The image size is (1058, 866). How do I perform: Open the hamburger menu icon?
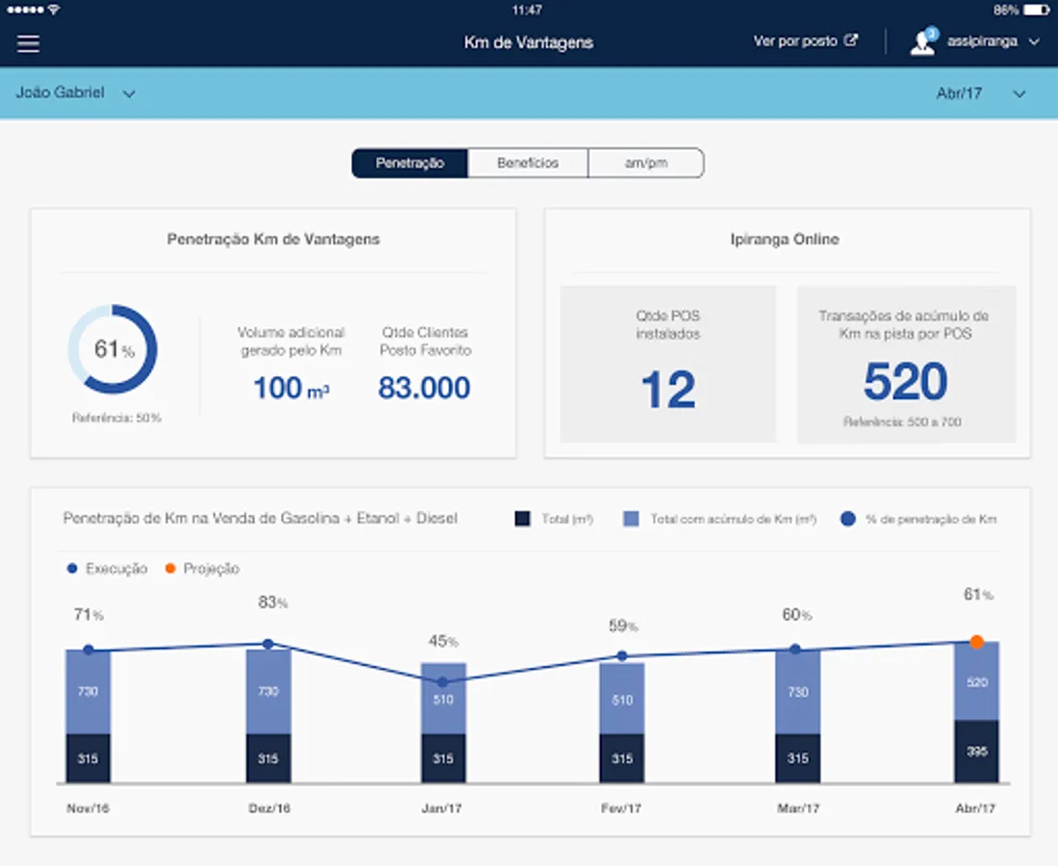pos(28,43)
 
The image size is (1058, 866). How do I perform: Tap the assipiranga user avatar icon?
pos(923,42)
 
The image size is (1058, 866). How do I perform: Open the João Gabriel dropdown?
pos(75,93)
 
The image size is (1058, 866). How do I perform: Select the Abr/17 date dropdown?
pos(980,93)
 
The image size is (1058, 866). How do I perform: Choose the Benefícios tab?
pos(527,164)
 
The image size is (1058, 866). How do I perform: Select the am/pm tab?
pos(645,164)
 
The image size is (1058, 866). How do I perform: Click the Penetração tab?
pos(410,164)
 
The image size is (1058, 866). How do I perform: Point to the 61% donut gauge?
pos(113,349)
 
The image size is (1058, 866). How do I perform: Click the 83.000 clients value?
pos(424,388)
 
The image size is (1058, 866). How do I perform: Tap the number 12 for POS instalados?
pos(668,391)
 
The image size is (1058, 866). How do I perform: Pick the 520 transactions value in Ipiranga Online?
pos(905,382)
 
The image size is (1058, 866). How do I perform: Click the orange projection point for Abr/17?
pos(976,642)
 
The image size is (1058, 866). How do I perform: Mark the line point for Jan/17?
pos(442,681)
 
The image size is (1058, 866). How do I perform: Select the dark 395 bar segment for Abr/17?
pos(976,751)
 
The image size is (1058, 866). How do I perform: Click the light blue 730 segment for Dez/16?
pos(268,691)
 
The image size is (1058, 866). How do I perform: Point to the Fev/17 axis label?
pos(621,808)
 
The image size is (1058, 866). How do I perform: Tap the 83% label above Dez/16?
pos(272,603)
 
